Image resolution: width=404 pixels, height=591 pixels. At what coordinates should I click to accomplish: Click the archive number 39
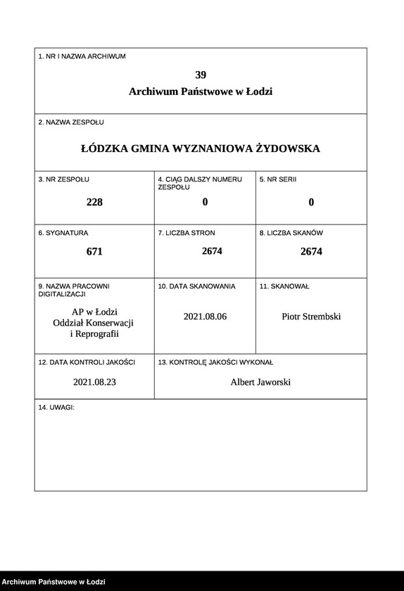tap(201, 75)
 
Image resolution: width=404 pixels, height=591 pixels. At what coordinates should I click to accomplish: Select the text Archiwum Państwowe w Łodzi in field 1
tap(201, 91)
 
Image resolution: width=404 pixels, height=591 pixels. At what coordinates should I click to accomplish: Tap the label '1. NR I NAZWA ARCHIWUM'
tap(82, 56)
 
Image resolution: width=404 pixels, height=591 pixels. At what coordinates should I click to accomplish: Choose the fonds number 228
tap(94, 202)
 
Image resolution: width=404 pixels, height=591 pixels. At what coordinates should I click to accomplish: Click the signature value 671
tap(94, 251)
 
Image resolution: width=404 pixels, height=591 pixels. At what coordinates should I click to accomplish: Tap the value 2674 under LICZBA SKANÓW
tap(311, 251)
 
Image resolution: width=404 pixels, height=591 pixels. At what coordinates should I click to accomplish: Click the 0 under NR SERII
tap(311, 202)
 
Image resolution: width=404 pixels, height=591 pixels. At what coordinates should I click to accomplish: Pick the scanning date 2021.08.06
tap(205, 317)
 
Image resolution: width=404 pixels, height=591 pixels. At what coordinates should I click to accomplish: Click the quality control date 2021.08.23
tap(94, 382)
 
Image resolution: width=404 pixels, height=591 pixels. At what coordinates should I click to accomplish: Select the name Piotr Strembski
tap(311, 317)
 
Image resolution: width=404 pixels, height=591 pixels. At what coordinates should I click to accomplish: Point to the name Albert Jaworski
tap(260, 382)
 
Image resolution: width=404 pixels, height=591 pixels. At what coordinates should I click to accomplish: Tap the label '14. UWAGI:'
tap(56, 407)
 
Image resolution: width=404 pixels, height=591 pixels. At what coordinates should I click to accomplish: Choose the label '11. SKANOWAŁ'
tap(284, 286)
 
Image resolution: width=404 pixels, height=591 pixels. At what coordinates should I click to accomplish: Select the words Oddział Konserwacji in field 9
tap(94, 322)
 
